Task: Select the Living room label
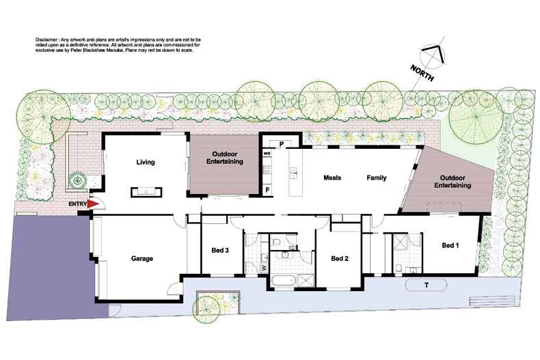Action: pos(146,163)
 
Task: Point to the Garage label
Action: pos(141,259)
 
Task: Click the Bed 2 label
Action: pos(340,258)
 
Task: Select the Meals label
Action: pos(332,178)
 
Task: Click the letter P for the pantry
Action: pos(281,143)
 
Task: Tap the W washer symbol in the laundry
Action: pos(264,267)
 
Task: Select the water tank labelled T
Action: pos(426,285)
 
